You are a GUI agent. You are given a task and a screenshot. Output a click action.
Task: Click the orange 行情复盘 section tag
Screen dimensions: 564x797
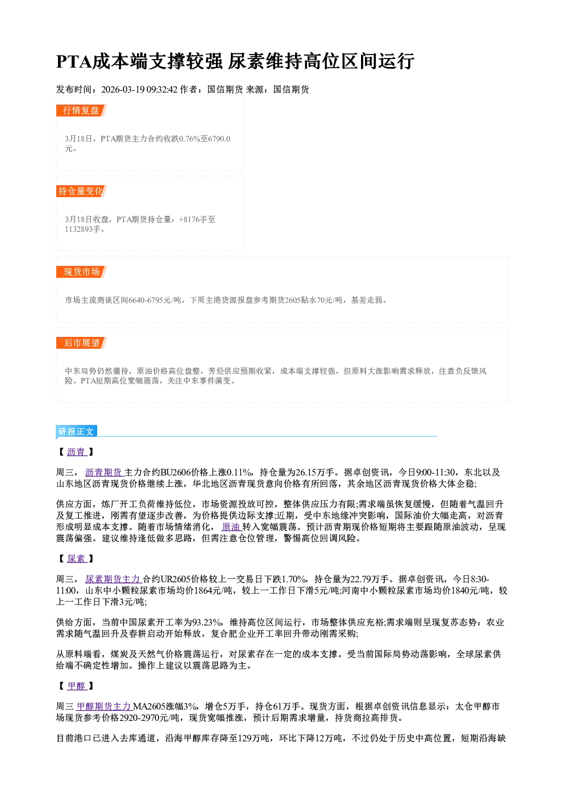[x=81, y=110]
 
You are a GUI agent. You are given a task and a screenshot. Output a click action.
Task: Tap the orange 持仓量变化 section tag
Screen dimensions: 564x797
[x=81, y=191]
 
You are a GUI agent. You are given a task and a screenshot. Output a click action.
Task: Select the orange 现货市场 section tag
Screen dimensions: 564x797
[x=81, y=272]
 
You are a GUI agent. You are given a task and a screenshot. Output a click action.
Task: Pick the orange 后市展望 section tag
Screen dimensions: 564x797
[x=81, y=343]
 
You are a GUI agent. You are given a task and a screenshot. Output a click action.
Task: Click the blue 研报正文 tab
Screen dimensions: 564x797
[x=76, y=432]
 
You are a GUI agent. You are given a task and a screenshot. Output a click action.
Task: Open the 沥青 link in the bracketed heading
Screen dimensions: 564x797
[x=77, y=452]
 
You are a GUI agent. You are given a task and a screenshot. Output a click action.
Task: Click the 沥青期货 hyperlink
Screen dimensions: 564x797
[x=104, y=472]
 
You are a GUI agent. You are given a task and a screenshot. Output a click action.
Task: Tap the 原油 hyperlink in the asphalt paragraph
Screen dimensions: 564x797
[x=231, y=527]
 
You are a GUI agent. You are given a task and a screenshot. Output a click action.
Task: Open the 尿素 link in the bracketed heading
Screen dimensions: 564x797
[x=77, y=558]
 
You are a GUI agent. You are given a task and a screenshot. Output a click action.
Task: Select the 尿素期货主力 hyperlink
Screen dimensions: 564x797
[x=113, y=579]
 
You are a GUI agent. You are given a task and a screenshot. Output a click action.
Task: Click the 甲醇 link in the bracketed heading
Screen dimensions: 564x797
[x=77, y=686]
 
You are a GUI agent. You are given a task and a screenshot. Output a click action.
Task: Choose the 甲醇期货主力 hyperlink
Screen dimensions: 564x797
[x=104, y=706]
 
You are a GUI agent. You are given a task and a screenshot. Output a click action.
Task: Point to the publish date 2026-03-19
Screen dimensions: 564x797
[x=123, y=89]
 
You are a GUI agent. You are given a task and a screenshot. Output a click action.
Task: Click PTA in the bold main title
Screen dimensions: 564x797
[x=74, y=61]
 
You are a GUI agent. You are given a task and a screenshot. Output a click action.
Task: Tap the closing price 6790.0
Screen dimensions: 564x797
[x=219, y=139]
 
